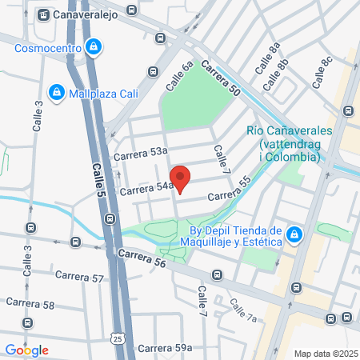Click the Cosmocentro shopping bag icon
(94, 47)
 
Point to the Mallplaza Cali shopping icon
(56, 93)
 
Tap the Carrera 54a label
(146, 188)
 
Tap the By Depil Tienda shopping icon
(295, 234)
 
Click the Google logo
(26, 350)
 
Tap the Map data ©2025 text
(324, 353)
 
